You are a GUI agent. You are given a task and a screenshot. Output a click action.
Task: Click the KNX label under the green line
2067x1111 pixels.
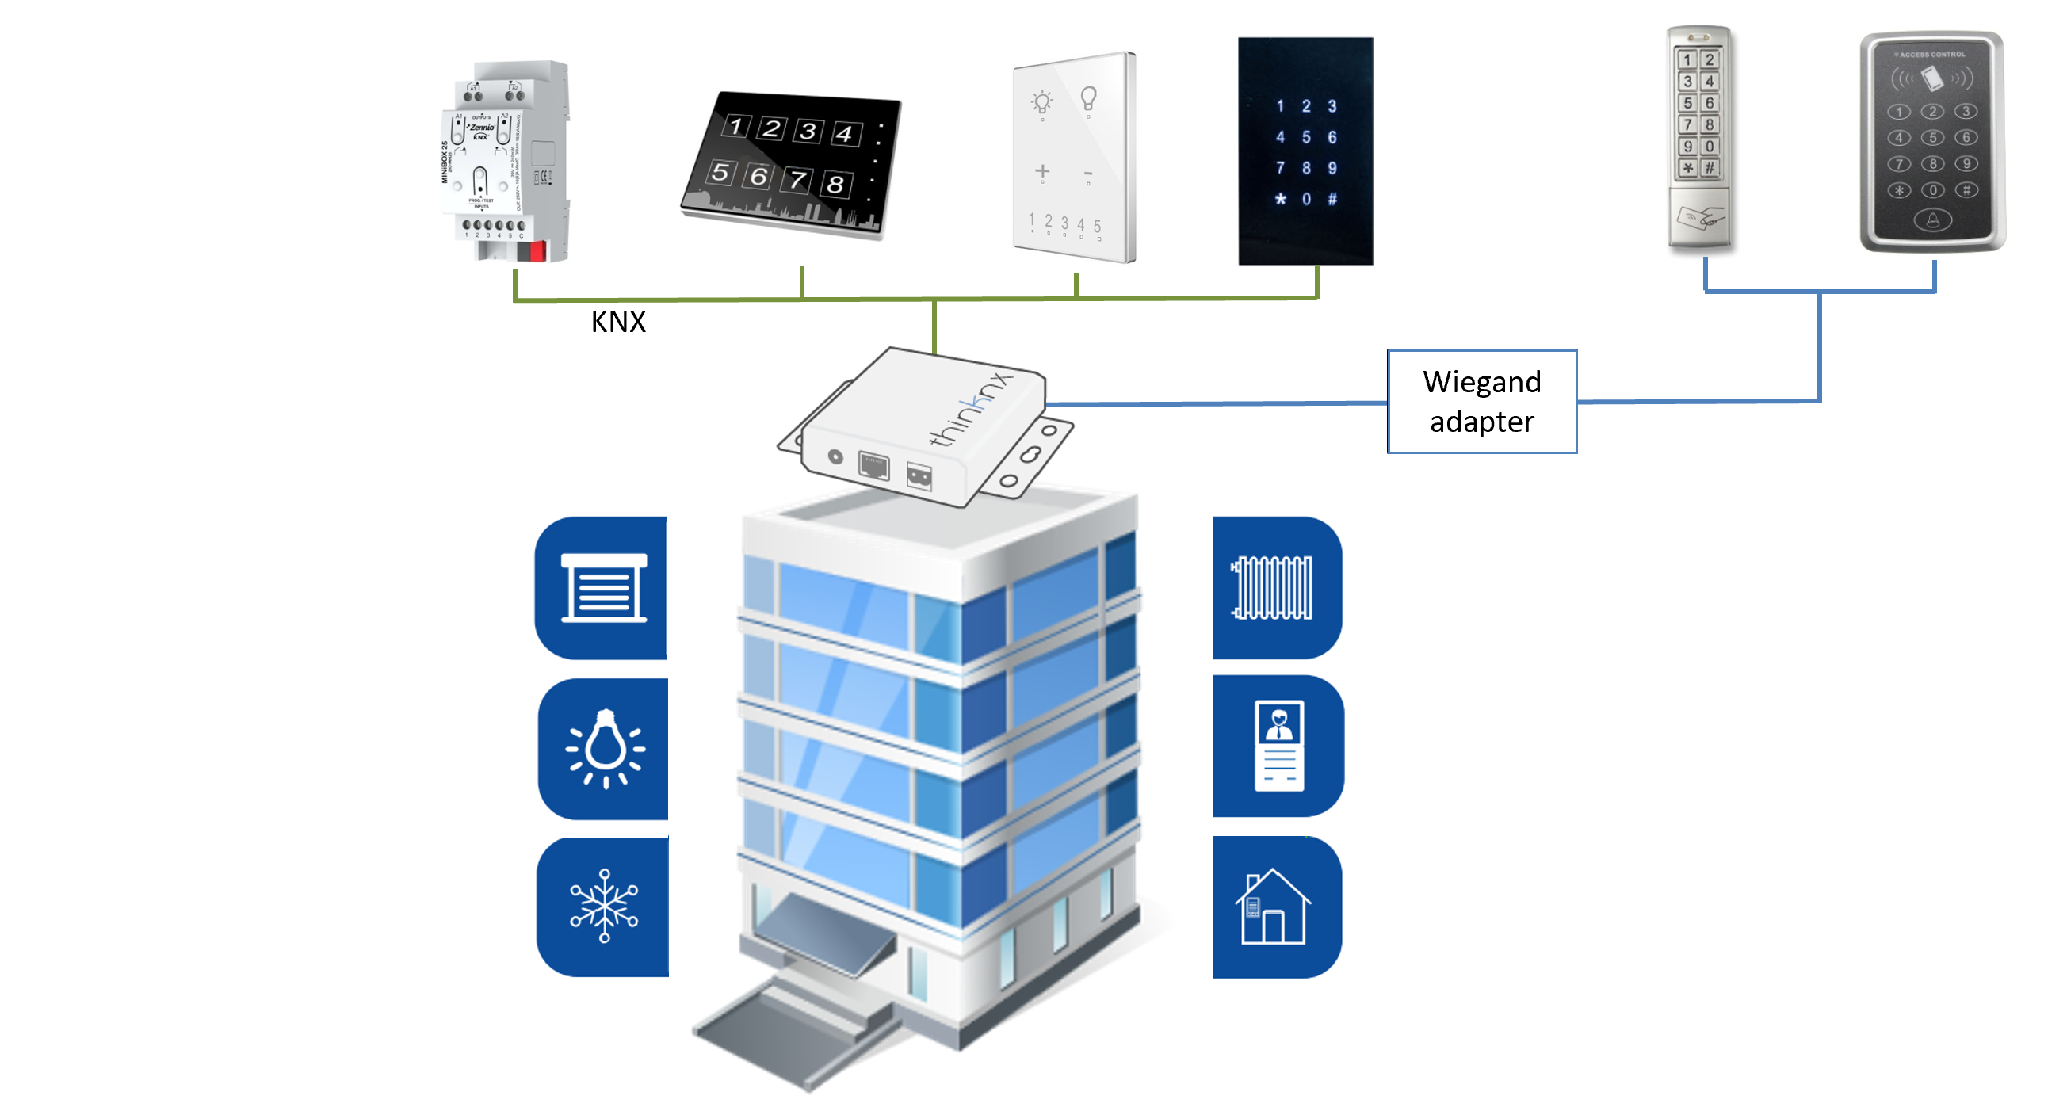[618, 322]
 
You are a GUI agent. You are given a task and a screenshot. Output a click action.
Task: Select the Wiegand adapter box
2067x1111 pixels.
[1481, 401]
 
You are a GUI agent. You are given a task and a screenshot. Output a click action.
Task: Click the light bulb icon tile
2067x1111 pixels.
[603, 748]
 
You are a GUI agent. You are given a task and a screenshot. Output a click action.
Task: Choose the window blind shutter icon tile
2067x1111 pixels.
[602, 588]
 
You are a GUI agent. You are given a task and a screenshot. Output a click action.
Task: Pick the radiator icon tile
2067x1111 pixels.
[1276, 588]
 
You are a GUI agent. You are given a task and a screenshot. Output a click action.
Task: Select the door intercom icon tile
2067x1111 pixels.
[1278, 746]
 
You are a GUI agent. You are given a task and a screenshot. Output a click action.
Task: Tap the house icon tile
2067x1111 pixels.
[1276, 907]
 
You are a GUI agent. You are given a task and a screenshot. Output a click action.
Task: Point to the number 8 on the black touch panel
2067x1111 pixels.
[835, 185]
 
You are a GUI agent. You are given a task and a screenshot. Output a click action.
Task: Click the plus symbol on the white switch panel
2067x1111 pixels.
[1042, 171]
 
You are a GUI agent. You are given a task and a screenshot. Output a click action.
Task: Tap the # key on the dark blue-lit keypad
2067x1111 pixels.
[1332, 199]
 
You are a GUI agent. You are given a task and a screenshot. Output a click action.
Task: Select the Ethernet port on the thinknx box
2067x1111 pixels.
[873, 464]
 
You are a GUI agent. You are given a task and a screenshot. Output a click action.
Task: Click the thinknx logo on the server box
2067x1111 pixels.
[971, 409]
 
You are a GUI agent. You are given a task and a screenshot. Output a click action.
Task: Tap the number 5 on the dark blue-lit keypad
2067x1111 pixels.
[1306, 137]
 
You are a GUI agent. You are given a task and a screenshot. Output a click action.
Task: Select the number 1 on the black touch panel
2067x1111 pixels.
[735, 125]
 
